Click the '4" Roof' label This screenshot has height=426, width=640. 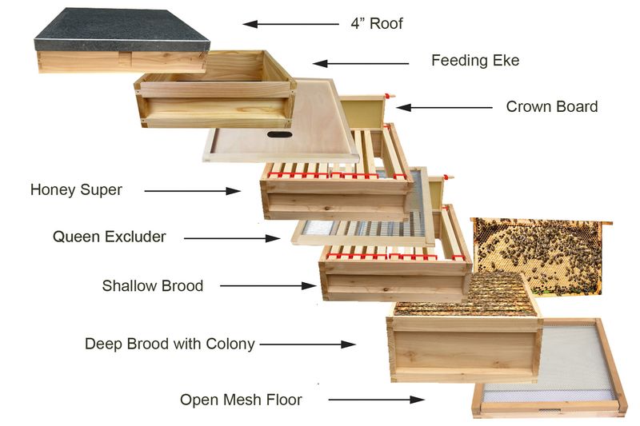[x=376, y=23]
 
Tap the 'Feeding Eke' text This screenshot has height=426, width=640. [x=475, y=61]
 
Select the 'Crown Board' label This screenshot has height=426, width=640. [x=552, y=106]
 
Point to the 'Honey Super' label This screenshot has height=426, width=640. [x=76, y=190]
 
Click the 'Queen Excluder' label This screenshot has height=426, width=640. [x=110, y=237]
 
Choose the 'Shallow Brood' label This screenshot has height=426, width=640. [x=153, y=285]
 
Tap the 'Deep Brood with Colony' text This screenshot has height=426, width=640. [x=170, y=344]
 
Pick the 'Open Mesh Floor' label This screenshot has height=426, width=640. [x=241, y=399]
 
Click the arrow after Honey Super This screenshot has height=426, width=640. [x=192, y=191]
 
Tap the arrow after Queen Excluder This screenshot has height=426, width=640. [x=232, y=237]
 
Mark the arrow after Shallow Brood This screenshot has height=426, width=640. [x=268, y=285]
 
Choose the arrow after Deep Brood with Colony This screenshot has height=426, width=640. [x=307, y=344]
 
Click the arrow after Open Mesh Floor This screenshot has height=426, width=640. [x=375, y=399]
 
